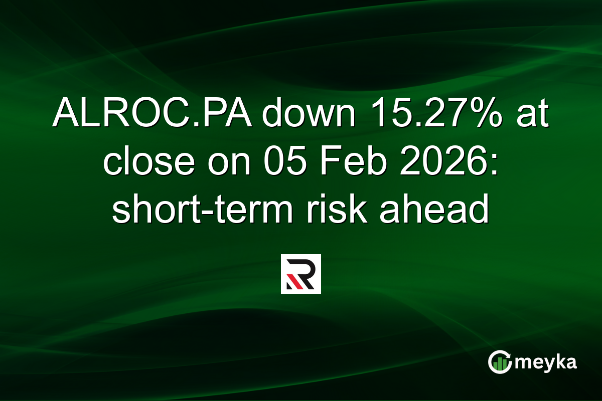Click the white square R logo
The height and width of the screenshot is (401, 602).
pyautogui.click(x=300, y=274)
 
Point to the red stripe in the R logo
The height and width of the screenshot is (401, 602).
pyautogui.click(x=292, y=284)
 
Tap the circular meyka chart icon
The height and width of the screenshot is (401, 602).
pyautogui.click(x=500, y=362)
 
